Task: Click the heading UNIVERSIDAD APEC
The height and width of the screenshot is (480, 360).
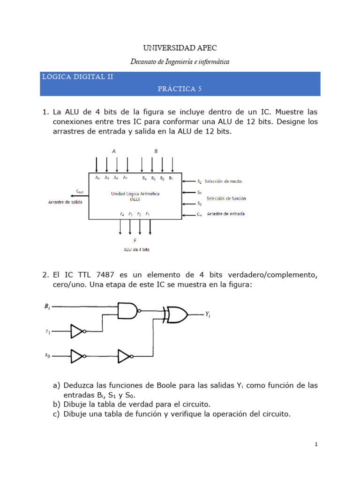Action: [x=180, y=48]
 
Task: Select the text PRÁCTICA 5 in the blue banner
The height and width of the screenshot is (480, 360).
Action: [x=180, y=89]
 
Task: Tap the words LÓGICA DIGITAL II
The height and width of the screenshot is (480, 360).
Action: [x=77, y=76]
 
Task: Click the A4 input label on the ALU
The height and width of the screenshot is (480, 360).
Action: [x=97, y=178]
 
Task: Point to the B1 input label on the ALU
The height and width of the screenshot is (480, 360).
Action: [x=171, y=179]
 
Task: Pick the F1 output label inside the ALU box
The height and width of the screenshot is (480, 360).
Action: [x=148, y=214]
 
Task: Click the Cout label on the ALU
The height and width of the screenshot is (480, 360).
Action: [x=80, y=191]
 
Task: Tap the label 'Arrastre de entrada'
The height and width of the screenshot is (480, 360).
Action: [x=225, y=214]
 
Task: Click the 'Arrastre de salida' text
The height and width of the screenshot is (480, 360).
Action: [x=65, y=202]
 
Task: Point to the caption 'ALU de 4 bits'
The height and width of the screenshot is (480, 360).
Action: [x=137, y=249]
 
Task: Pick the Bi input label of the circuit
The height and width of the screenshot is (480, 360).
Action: [x=47, y=306]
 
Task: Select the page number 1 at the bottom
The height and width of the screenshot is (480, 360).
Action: [x=316, y=445]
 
